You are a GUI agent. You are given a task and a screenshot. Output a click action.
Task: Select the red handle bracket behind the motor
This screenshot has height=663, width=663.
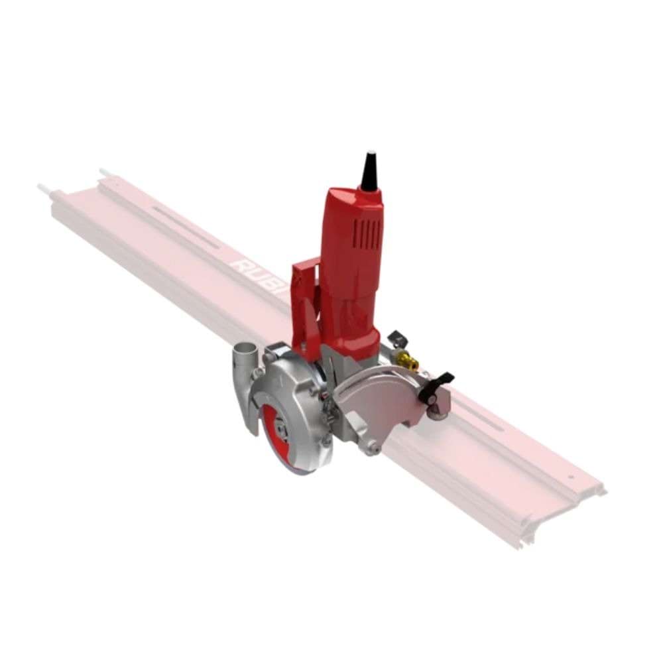click(x=304, y=298)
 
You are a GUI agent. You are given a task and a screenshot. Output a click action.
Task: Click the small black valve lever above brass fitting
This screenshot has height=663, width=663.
click(x=396, y=338)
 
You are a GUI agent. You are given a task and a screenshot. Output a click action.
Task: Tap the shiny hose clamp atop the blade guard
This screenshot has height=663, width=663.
click(x=278, y=349)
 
